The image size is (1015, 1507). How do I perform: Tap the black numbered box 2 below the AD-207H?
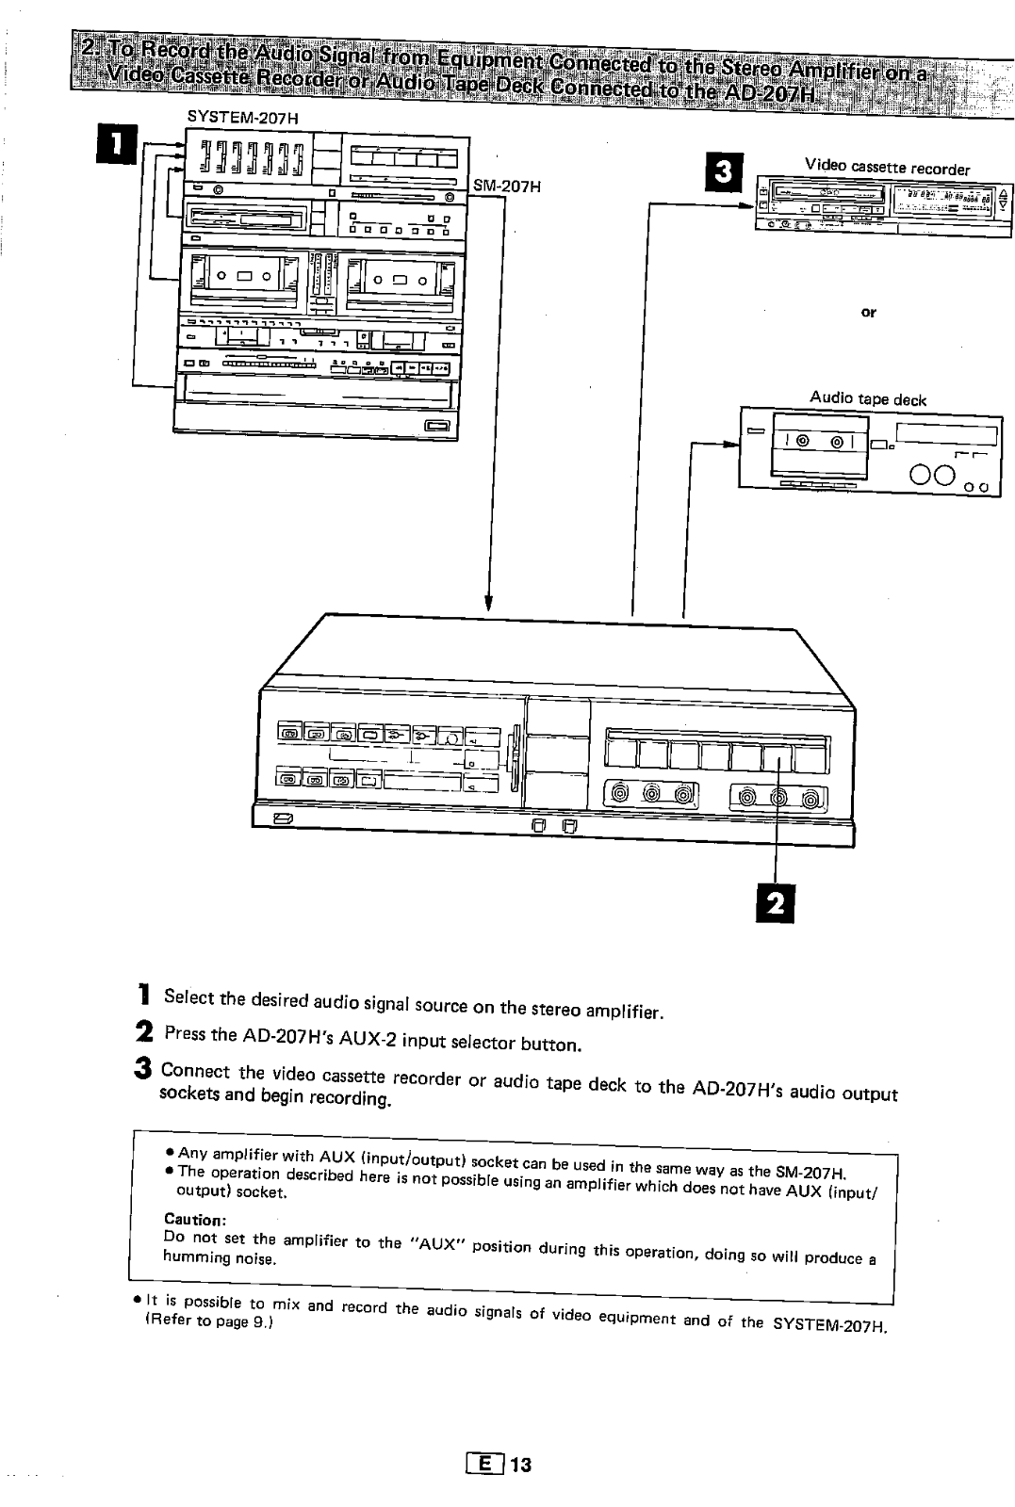775,903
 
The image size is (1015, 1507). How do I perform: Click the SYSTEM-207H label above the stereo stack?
230,116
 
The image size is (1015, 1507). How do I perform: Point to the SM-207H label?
508,186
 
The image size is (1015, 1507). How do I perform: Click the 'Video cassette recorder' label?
886,168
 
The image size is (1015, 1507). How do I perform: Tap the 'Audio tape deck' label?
868,398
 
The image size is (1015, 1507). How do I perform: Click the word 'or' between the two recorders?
869,313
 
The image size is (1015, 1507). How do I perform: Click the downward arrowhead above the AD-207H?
489,602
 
